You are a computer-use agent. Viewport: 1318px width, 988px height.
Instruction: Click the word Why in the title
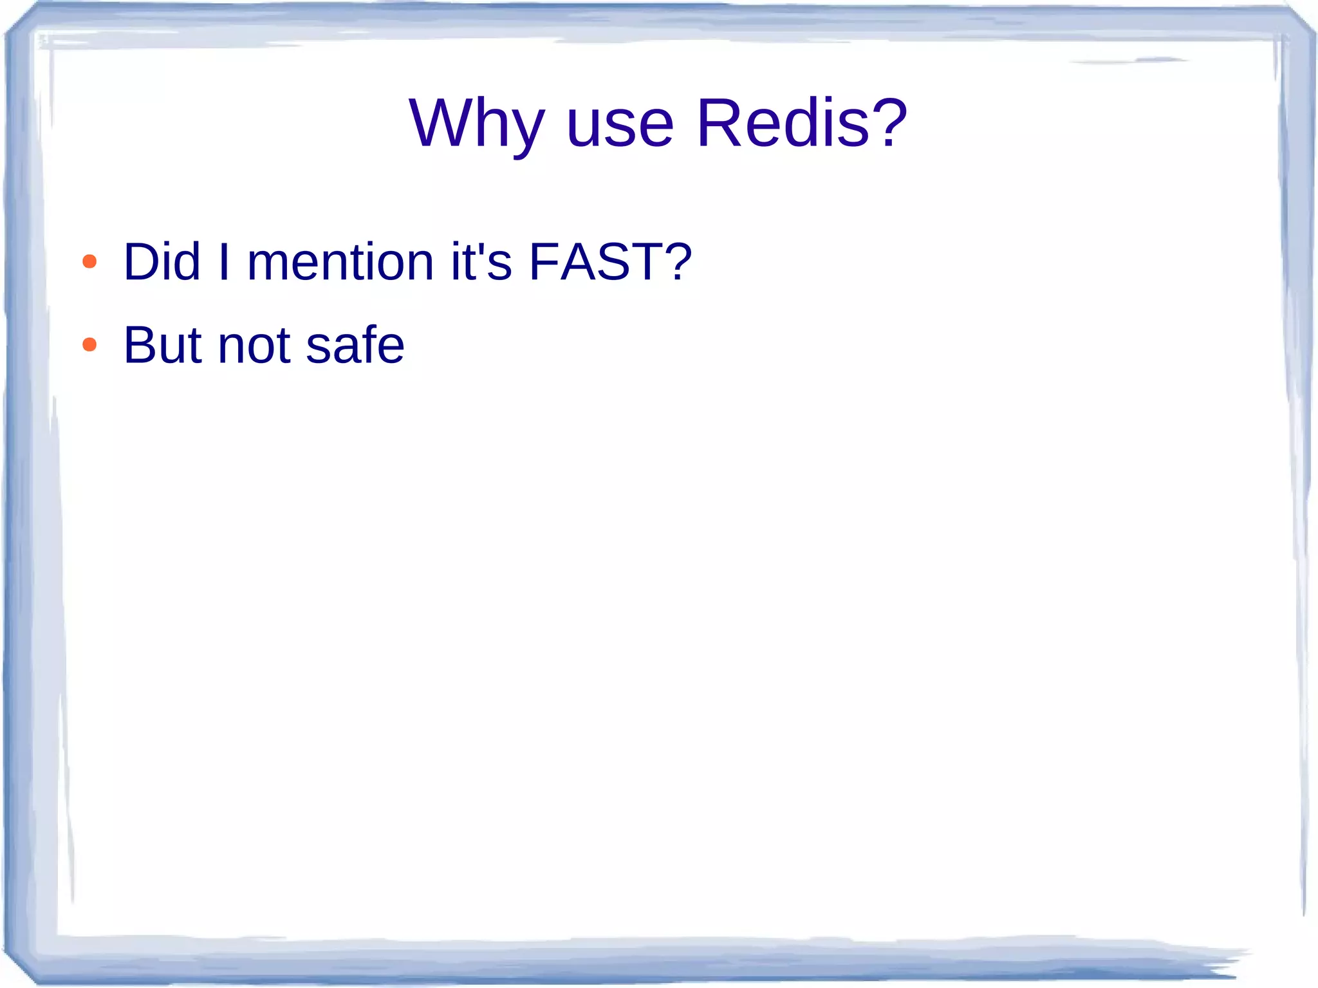(476, 124)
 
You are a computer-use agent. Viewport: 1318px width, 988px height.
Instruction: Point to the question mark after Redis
(889, 122)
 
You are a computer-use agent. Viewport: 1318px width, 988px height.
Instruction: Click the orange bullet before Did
(89, 262)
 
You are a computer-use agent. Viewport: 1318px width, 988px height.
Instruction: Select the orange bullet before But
(89, 345)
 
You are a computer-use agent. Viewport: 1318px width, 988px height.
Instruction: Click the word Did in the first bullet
(162, 262)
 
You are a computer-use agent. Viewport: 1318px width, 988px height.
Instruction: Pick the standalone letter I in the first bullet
(224, 262)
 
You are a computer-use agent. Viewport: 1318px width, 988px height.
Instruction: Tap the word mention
(340, 262)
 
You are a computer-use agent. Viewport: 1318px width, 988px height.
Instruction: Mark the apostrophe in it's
(479, 248)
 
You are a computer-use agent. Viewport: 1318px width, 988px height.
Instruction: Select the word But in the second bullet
(162, 346)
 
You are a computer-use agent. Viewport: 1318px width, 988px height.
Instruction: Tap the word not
(254, 346)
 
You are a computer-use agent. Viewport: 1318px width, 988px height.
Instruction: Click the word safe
(355, 346)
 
